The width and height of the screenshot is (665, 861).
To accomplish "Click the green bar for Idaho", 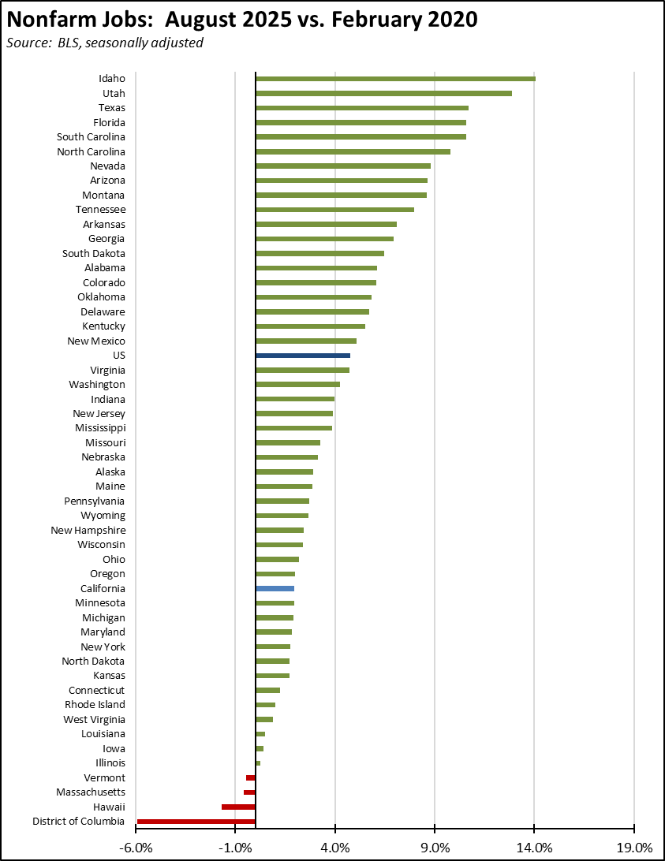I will point(395,78).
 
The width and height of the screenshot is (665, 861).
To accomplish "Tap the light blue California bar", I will point(275,588).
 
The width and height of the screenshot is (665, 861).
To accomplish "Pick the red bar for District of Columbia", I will point(196,822).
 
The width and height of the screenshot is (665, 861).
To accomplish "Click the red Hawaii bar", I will point(238,807).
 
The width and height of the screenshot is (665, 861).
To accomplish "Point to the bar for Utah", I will point(383,93).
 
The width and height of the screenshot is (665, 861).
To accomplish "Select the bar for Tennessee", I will point(334,210).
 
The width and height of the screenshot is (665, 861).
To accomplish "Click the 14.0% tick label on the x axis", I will point(534,848).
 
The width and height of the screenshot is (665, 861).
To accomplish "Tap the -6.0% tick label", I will point(136,848).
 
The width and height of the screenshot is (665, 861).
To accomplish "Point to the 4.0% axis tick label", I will point(335,848).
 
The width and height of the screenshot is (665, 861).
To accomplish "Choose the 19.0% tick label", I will point(634,848).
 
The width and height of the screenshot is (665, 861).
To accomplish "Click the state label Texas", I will point(111,108).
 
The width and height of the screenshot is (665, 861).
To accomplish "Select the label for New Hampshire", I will point(88,531).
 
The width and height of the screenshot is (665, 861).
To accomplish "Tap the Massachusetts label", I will point(90,792).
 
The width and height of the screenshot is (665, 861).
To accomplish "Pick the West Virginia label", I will point(94,719).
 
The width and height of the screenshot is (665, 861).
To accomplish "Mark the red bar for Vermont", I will point(251,777).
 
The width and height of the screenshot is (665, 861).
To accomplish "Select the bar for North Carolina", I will point(353,151).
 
